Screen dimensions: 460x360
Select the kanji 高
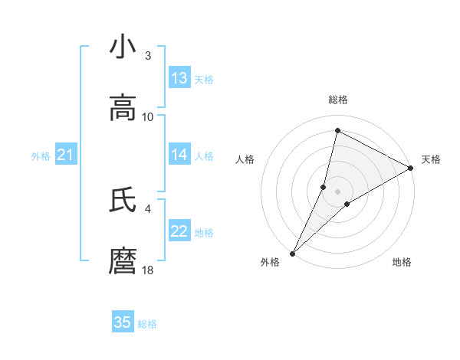coord(123,108)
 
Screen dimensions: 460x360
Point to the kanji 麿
coord(123,261)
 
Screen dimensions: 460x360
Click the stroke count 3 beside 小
coord(148,55)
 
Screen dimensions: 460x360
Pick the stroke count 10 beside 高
coord(148,116)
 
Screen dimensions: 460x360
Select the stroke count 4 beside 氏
coord(148,208)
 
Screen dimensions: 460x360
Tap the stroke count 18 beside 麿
coord(148,270)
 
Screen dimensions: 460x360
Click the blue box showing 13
coord(179,78)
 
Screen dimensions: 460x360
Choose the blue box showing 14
coord(179,155)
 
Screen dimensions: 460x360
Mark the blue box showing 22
coord(179,231)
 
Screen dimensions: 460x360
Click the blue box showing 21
coord(66,155)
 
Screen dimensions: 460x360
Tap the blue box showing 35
coord(123,322)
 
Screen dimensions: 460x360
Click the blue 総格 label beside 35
coord(147,324)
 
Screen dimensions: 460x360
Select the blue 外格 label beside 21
coord(41,156)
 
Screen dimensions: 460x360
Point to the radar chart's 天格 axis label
coord(431,159)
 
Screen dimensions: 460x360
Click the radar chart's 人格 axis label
coord(245,159)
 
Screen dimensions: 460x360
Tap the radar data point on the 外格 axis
coord(292,253)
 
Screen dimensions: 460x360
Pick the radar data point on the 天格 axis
coord(411,168)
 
